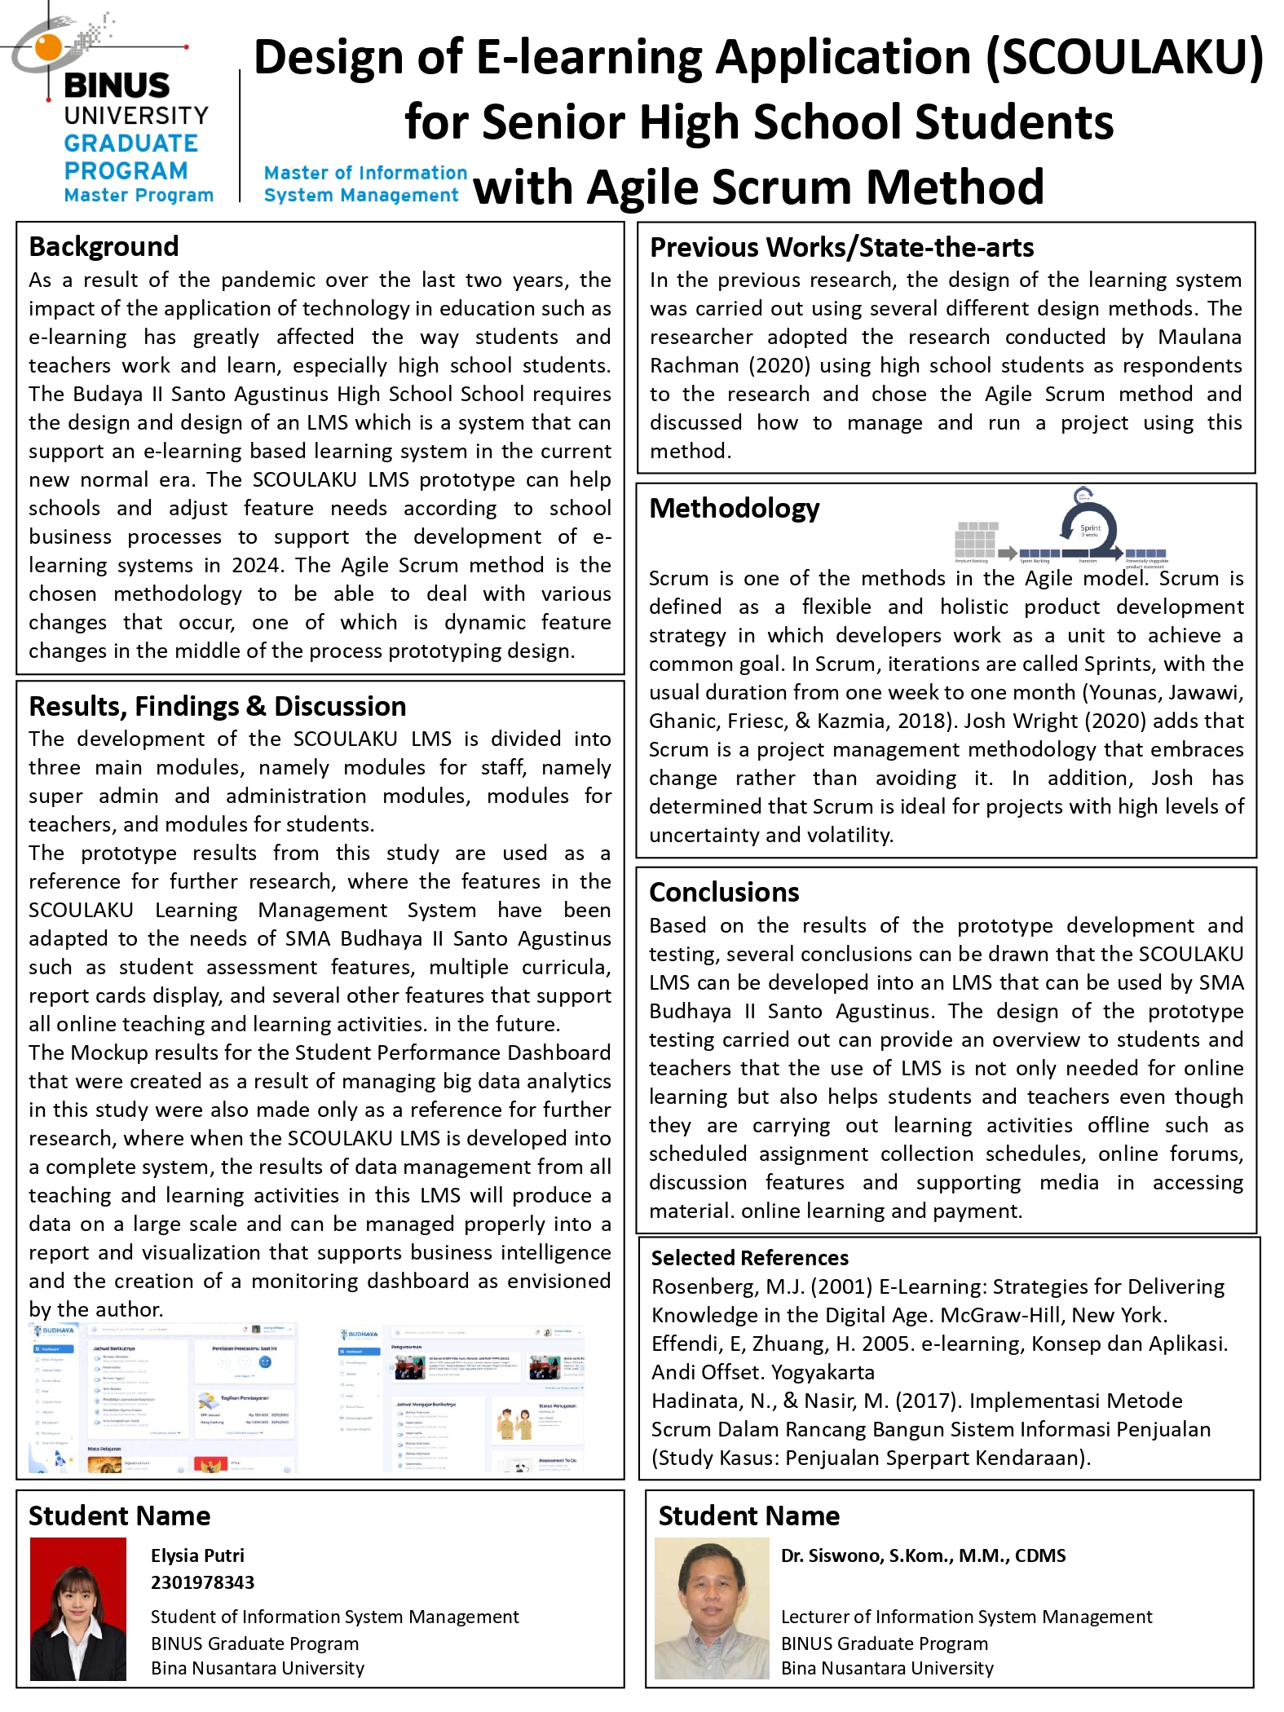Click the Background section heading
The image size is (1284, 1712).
(x=104, y=246)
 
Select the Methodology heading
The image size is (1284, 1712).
(x=734, y=508)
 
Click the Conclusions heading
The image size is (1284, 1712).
(x=724, y=892)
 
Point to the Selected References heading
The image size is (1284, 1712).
(x=749, y=1258)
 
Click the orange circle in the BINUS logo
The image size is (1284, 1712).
(x=48, y=46)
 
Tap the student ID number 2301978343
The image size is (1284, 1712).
(x=202, y=1582)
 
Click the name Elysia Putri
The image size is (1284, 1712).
(x=197, y=1555)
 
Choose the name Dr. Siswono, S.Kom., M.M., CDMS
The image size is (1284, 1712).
(x=923, y=1555)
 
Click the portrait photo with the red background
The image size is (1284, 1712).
(x=78, y=1608)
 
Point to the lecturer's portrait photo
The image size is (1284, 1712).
(x=712, y=1608)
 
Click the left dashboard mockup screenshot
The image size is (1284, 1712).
(x=163, y=1399)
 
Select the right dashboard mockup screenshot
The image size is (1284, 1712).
(x=461, y=1399)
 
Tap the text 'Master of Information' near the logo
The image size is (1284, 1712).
(x=365, y=173)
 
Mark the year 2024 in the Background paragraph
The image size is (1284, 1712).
(x=256, y=566)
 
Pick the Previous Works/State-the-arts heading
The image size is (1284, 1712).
(x=841, y=247)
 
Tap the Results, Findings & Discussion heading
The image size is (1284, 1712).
(x=217, y=706)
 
